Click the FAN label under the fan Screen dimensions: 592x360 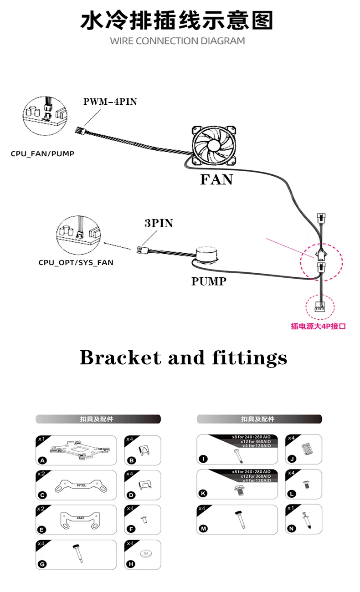coord(216,179)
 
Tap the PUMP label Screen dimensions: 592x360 coord(209,281)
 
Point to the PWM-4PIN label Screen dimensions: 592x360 coord(110,102)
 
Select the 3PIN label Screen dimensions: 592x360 coord(159,223)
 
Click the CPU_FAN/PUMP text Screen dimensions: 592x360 coord(42,154)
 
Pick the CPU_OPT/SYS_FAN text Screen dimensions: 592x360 coord(76,262)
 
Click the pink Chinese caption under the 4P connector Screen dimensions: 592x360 coord(318,326)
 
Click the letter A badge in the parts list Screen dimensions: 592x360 coord(42,461)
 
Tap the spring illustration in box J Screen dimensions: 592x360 coord(308,447)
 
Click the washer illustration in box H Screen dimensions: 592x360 coord(145,554)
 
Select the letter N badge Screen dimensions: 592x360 coord(292,529)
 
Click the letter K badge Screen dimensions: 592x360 coord(203,493)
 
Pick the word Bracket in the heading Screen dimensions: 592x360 coord(119,358)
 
